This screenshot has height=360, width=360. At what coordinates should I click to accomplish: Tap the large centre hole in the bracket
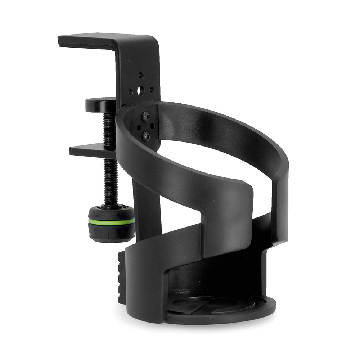[140, 90]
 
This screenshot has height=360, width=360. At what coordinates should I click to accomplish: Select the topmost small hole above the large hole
[141, 75]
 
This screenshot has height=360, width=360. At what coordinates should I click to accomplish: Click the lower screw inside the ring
[146, 136]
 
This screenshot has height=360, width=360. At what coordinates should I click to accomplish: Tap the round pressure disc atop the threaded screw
[100, 104]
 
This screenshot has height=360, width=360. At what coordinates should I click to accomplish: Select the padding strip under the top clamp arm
[86, 45]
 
